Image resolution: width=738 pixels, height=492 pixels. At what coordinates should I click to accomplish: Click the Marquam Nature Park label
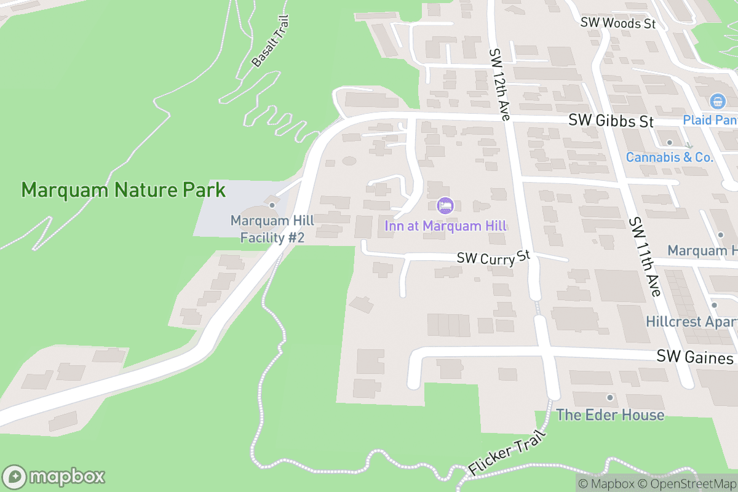124,190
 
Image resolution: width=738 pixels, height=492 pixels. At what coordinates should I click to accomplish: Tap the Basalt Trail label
270,41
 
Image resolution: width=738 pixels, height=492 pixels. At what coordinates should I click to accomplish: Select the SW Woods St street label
618,23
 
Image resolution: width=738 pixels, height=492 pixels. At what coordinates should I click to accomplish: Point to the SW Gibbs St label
611,121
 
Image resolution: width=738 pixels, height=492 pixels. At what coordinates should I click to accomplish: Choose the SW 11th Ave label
644,256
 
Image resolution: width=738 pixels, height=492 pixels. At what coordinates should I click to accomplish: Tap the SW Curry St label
493,258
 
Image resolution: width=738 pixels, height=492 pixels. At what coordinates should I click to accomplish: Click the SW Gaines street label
695,357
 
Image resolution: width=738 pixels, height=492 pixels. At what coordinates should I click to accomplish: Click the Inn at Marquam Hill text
446,226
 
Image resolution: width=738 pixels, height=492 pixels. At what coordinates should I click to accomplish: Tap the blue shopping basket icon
716,101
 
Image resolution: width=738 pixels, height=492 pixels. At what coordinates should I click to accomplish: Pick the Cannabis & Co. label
670,157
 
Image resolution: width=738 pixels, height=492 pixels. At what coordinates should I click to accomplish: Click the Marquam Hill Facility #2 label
272,229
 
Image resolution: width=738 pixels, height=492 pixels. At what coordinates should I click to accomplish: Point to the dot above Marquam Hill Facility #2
272,205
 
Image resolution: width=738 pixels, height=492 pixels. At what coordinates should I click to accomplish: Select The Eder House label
610,415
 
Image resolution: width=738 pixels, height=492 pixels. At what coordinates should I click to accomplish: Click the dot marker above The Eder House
610,397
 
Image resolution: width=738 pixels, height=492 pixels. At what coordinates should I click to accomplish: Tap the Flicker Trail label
499,452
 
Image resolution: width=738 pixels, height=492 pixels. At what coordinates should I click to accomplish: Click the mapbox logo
54,477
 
